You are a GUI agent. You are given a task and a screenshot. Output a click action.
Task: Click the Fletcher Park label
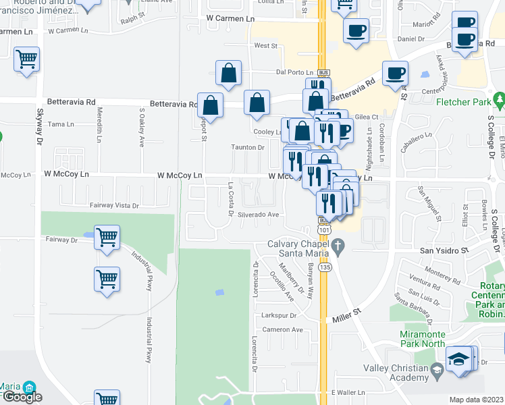tap(464, 103)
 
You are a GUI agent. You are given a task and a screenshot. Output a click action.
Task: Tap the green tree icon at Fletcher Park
tap(500, 103)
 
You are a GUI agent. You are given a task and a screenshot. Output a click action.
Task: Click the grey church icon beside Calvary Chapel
tap(341, 248)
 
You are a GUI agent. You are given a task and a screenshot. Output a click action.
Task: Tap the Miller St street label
tap(348, 316)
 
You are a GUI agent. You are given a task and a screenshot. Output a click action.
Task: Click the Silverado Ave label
tap(258, 215)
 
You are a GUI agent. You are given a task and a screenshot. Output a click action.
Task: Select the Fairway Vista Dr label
tap(114, 205)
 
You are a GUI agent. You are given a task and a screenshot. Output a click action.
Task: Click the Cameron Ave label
tap(283, 329)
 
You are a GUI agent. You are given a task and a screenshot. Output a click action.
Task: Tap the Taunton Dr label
tap(248, 147)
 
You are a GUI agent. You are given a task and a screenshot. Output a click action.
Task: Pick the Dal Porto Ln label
tap(295, 72)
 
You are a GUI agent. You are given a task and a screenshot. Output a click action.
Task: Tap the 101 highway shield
tap(325, 230)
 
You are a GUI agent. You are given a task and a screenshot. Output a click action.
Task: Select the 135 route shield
tap(325, 267)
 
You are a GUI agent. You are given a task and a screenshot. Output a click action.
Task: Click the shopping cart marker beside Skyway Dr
tap(26, 59)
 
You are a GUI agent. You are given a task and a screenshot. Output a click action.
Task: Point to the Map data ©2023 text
tap(476, 400)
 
